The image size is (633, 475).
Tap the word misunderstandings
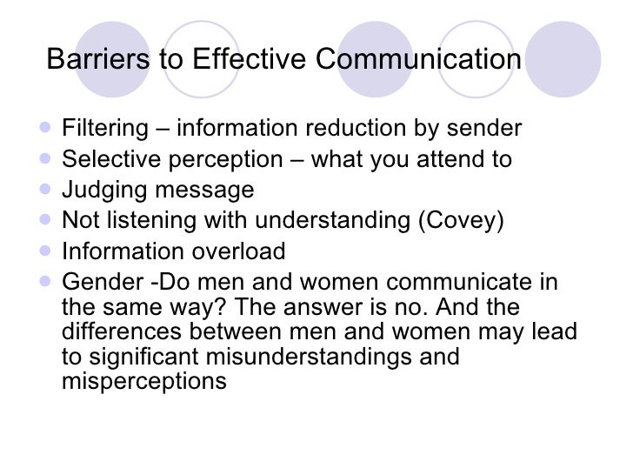click(x=319, y=357)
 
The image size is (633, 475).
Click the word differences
click(x=117, y=332)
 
